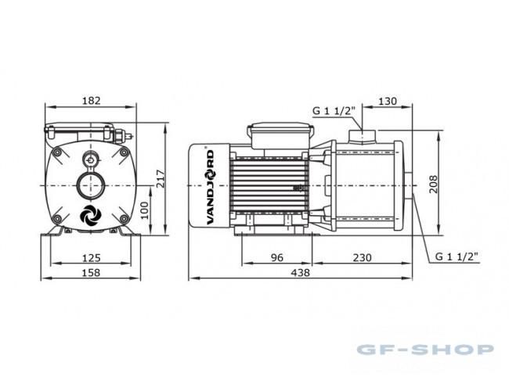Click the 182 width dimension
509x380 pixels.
pos(91,101)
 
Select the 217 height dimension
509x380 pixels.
pos(161,178)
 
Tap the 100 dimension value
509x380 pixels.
pos(144,210)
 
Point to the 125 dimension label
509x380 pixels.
pos(91,258)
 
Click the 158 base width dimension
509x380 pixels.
pos(91,273)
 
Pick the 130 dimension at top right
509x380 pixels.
pos(388,101)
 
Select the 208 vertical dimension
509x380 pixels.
pos(433,185)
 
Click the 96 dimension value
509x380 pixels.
pos(277,257)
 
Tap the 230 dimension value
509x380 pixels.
pos(362,257)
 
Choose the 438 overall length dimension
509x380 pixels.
pos(300,273)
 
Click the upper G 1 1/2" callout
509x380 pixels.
pos(332,111)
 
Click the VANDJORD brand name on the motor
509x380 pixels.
pos(211,187)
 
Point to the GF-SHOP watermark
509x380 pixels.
pos(425,350)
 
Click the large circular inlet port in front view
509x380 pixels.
pos(91,185)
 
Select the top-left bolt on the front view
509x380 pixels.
pos(57,152)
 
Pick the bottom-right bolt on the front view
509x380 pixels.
pos(124,219)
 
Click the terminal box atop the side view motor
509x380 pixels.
pos(280,135)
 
